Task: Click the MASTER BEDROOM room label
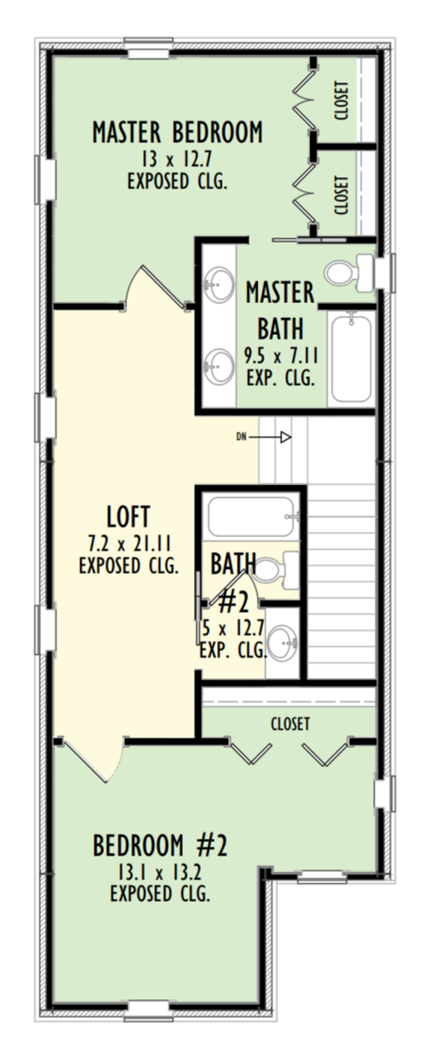(x=177, y=132)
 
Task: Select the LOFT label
(x=129, y=516)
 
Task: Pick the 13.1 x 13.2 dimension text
(x=159, y=872)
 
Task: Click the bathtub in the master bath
(x=351, y=359)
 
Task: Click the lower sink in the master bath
(x=218, y=366)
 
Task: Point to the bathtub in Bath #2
(x=251, y=515)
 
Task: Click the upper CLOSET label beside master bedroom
(x=341, y=101)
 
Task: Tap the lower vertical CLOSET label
(x=341, y=194)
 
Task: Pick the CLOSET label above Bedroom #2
(x=290, y=723)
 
